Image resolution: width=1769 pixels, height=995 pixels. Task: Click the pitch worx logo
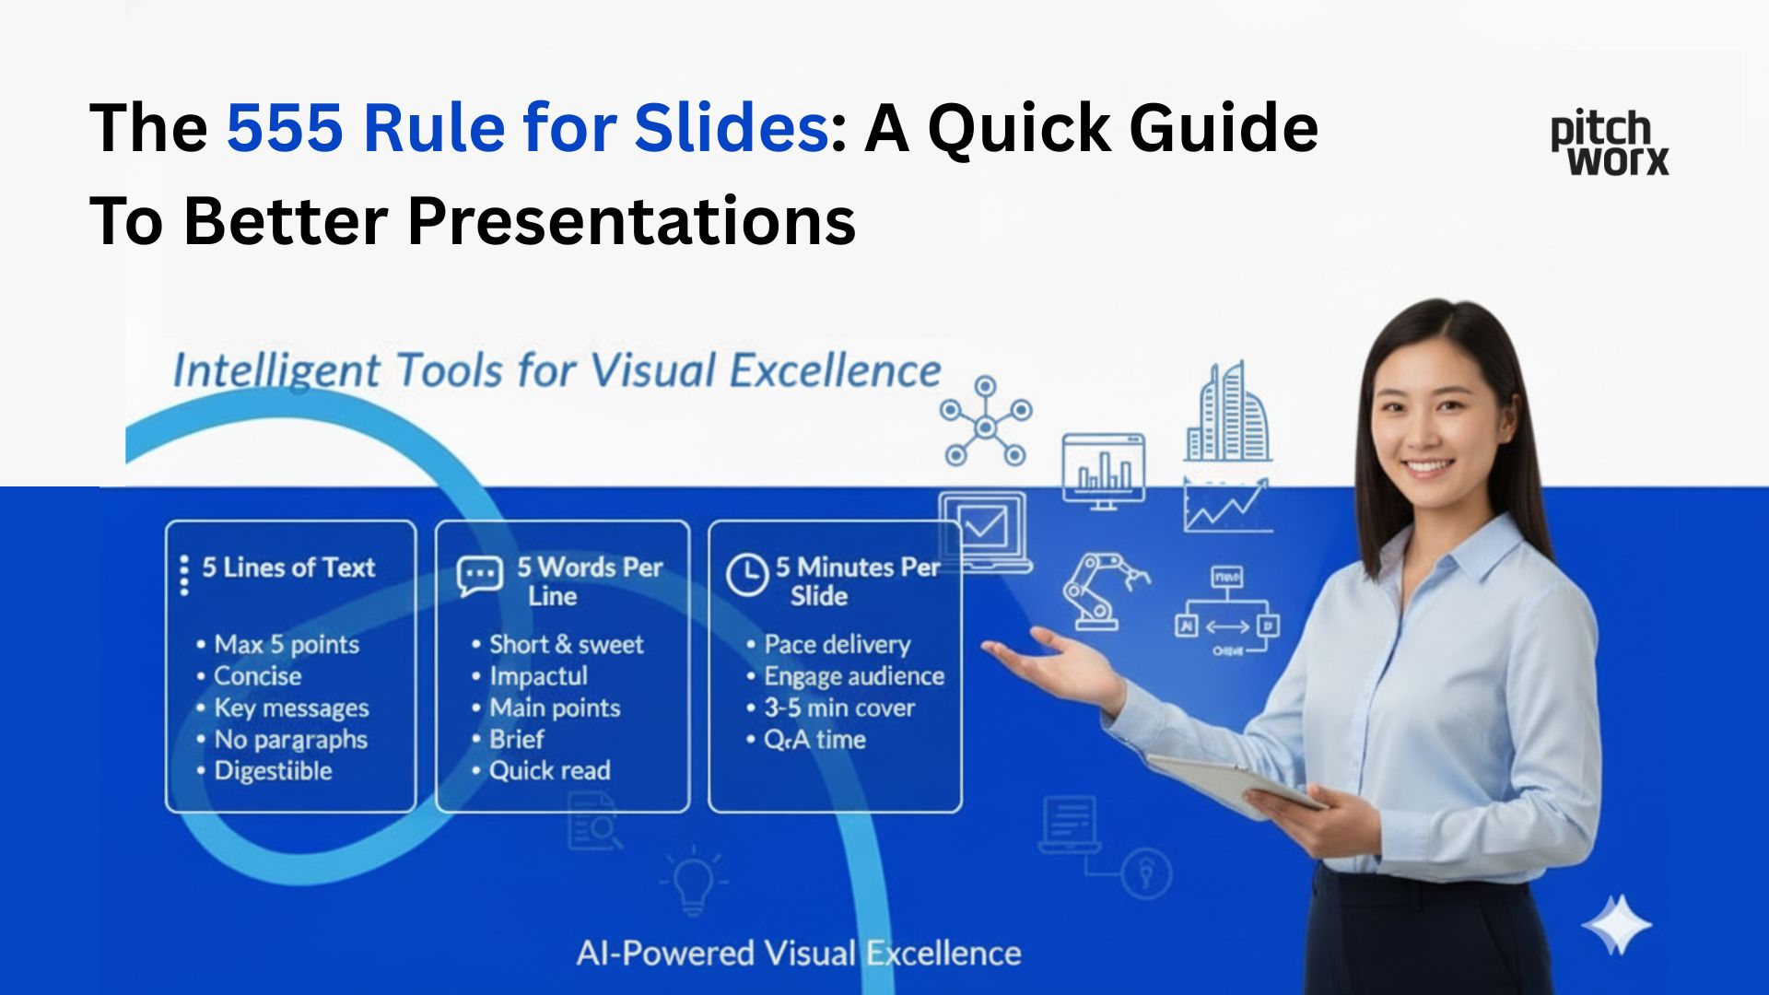point(1609,144)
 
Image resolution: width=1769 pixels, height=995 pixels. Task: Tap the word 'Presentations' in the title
point(631,221)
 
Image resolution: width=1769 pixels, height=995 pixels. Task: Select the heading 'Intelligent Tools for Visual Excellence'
point(556,371)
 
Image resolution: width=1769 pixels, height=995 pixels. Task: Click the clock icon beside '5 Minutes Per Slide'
point(746,574)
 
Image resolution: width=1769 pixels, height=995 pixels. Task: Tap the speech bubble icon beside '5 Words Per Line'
point(479,576)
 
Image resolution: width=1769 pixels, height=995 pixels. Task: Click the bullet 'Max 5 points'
point(286,644)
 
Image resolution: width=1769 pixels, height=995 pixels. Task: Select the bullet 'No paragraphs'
point(290,739)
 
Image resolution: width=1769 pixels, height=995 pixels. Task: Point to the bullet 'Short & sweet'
point(566,644)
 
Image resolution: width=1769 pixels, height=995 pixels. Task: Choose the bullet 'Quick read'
point(549,770)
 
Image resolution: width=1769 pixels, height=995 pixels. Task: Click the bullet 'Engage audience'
point(853,676)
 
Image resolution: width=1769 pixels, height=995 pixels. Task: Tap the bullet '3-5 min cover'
point(838,708)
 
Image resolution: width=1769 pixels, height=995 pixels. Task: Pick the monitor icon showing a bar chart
point(1104,470)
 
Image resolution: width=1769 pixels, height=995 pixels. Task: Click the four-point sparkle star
point(1616,925)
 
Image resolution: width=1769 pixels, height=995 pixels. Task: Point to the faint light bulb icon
point(693,880)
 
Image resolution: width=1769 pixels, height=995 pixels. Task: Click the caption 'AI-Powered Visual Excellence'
point(798,953)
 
